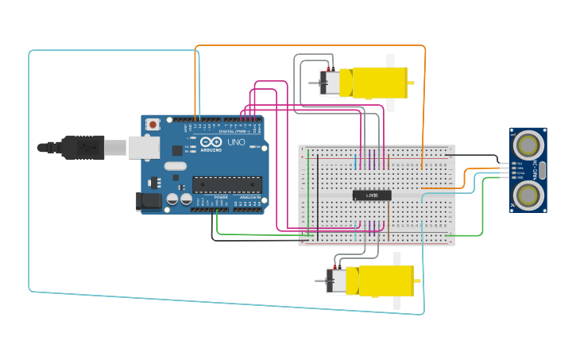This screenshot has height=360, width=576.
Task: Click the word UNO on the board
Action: (236, 143)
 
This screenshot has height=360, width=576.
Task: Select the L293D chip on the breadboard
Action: (372, 195)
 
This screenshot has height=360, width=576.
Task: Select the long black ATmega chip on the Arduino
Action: (226, 184)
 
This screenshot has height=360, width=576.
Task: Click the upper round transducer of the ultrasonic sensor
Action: (528, 145)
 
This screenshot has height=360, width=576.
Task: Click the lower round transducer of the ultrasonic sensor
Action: (528, 194)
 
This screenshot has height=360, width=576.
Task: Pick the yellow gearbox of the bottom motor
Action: (385, 281)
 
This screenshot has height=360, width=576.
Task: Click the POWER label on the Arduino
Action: (221, 198)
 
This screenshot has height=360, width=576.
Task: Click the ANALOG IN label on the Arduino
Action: (249, 198)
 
